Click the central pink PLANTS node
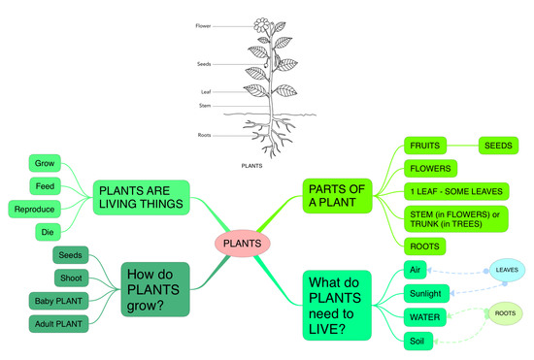242,243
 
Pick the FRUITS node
424,147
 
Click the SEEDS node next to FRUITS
499,147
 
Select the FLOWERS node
431,169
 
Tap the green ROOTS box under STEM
424,246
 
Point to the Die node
48,232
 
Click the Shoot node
70,278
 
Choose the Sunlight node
424,293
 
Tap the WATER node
424,316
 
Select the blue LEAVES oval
507,269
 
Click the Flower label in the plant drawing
203,27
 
